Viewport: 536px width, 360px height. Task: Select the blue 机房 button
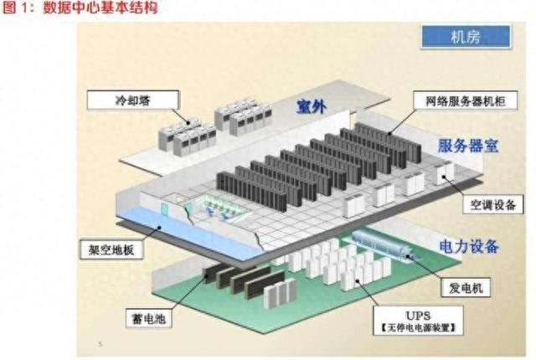(x=466, y=36)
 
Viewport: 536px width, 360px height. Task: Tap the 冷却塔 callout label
(x=133, y=100)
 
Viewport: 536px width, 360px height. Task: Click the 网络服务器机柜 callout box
(x=466, y=100)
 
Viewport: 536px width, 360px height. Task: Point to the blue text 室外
(x=312, y=106)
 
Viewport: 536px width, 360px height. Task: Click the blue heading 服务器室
(x=467, y=146)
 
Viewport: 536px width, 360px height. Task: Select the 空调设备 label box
(x=493, y=204)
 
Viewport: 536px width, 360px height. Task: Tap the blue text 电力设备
(x=469, y=246)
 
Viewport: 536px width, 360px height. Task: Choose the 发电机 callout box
(x=466, y=288)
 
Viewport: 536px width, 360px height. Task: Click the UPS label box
(x=418, y=320)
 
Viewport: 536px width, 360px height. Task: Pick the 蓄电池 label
(x=149, y=319)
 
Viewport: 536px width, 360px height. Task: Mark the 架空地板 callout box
(x=111, y=249)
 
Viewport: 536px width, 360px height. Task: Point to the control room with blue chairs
(x=214, y=208)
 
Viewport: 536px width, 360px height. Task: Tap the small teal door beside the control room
(x=165, y=209)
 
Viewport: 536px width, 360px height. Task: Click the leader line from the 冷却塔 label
(x=181, y=116)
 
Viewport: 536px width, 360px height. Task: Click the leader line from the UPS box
(x=368, y=293)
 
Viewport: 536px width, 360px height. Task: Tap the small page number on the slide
(x=100, y=344)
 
